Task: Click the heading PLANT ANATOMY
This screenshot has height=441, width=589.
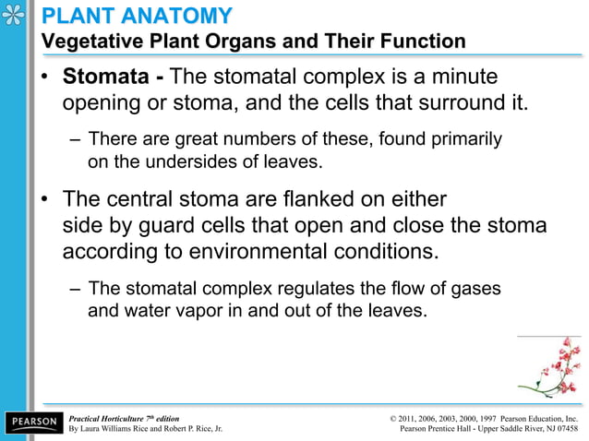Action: point(138,16)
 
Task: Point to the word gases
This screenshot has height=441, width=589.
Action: point(475,289)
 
